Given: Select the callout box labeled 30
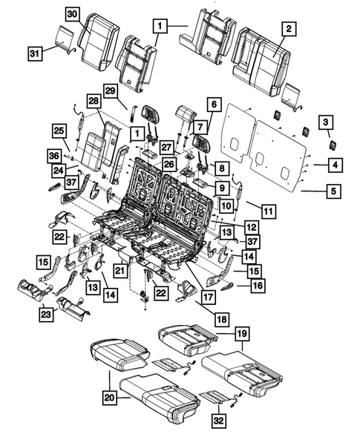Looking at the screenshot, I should coord(72,14).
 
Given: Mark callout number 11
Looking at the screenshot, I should coord(269,212).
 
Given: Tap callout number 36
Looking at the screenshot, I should coord(53,155).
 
